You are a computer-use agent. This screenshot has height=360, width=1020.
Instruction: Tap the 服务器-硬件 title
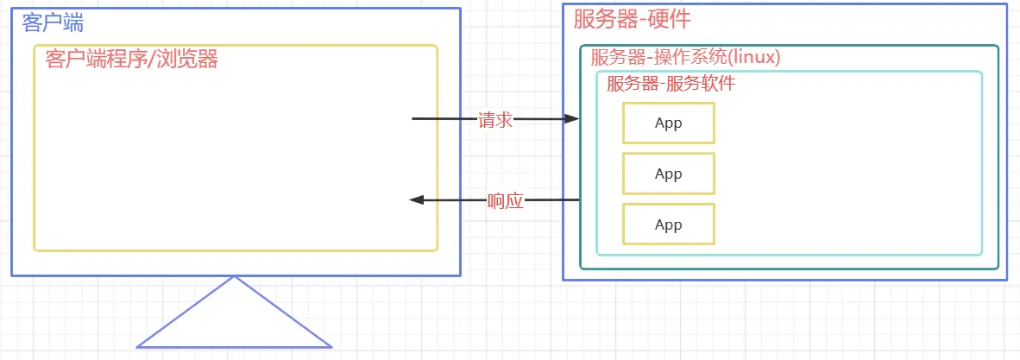click(633, 19)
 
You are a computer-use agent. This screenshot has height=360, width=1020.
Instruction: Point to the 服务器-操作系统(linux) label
click(686, 57)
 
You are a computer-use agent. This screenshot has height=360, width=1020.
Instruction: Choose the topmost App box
click(669, 123)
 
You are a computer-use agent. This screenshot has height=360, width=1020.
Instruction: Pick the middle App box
click(669, 174)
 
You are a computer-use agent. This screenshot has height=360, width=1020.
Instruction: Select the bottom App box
click(669, 224)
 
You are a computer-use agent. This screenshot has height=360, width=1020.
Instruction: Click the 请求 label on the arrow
click(495, 120)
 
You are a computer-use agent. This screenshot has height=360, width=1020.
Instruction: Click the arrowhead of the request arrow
click(572, 119)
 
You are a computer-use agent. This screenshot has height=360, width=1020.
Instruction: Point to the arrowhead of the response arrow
click(416, 200)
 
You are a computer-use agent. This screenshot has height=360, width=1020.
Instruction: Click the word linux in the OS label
click(755, 57)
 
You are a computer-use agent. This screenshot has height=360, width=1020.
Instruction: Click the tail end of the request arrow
click(413, 118)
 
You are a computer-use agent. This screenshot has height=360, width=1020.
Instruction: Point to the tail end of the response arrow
click(577, 200)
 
